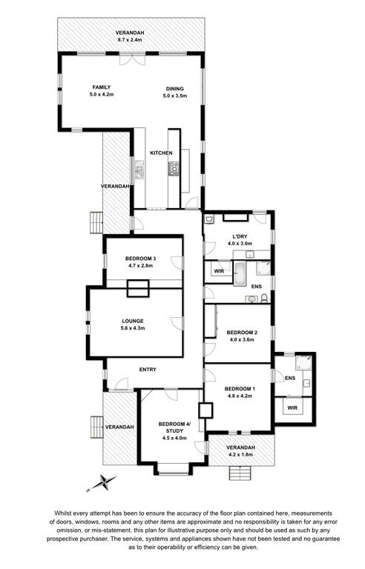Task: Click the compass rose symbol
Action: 102,483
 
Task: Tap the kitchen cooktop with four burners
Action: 174,169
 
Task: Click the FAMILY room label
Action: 102,87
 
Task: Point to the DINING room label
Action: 175,89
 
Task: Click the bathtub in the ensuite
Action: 240,273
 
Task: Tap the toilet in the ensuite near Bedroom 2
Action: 264,299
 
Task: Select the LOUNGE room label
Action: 133,321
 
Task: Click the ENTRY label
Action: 148,370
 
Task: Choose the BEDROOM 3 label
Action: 141,259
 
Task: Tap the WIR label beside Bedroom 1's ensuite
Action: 292,408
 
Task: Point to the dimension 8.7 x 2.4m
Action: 132,39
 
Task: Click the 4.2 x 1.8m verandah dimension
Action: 240,454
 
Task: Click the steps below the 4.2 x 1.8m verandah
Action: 240,473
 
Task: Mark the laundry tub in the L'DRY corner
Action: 210,219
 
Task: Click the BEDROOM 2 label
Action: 242,333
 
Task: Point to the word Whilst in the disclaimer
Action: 63,513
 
